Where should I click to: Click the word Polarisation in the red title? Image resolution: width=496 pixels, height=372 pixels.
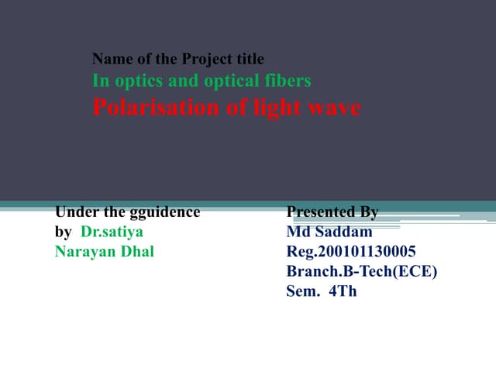click(x=143, y=108)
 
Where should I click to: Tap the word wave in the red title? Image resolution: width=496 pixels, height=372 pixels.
click(x=337, y=108)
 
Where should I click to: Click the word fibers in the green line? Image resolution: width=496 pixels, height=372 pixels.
click(x=288, y=81)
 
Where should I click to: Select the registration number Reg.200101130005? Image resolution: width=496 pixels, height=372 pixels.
click(x=351, y=252)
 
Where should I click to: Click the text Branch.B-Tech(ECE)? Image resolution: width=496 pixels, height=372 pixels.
click(x=362, y=272)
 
